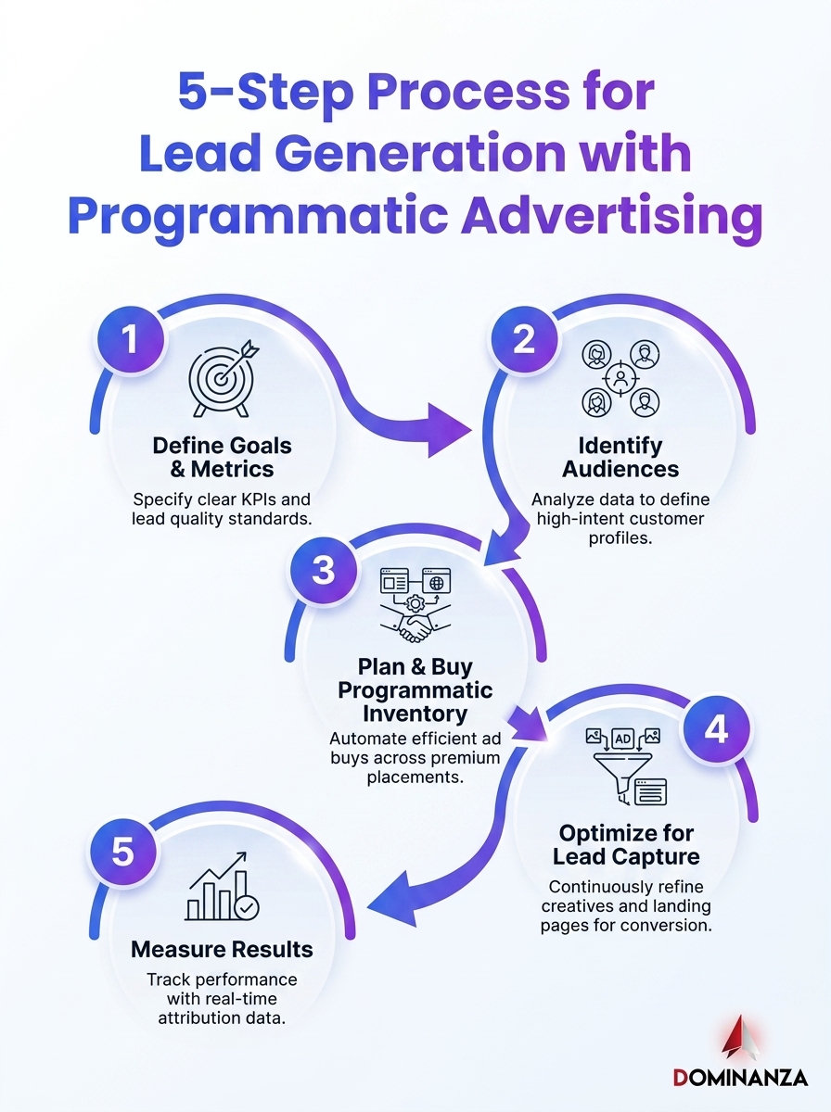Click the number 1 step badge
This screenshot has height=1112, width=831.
point(132,339)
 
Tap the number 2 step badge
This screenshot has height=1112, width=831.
point(524,339)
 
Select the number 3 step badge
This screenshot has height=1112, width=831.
point(324,571)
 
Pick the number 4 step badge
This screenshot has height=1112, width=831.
point(716,729)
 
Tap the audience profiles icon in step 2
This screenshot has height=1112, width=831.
point(620,378)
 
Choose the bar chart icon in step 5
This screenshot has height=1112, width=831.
point(222,887)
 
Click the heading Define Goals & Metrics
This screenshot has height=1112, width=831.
point(222,457)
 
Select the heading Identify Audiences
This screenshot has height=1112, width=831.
point(620,457)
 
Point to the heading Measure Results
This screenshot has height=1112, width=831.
point(222,950)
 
